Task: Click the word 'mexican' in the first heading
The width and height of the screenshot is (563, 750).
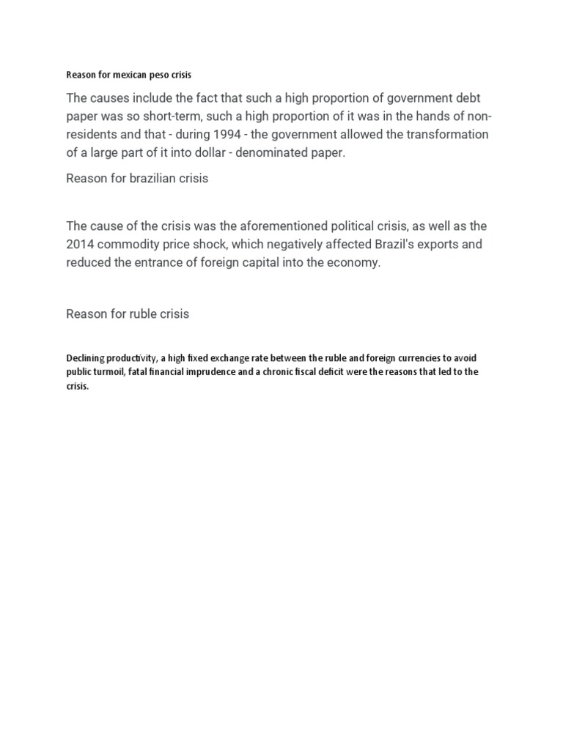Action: coord(124,75)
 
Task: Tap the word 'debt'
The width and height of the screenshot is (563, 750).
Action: coord(461,98)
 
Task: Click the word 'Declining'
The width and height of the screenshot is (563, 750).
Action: coord(86,358)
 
